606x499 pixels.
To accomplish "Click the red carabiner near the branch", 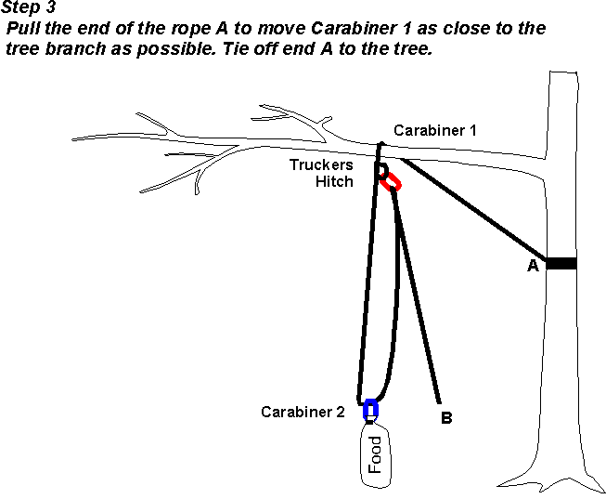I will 390,180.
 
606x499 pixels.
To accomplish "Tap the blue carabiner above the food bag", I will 371,409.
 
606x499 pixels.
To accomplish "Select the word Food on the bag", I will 374,455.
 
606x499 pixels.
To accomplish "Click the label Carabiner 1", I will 434,130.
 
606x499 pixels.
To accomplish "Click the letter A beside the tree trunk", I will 533,266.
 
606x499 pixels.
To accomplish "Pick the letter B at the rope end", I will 446,419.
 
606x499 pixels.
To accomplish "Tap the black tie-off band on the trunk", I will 561,264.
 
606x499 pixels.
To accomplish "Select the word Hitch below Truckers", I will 334,181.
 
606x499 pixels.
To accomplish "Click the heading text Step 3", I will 29,7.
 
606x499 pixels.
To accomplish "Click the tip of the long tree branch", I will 73,138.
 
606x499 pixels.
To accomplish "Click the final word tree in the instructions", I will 413,49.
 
